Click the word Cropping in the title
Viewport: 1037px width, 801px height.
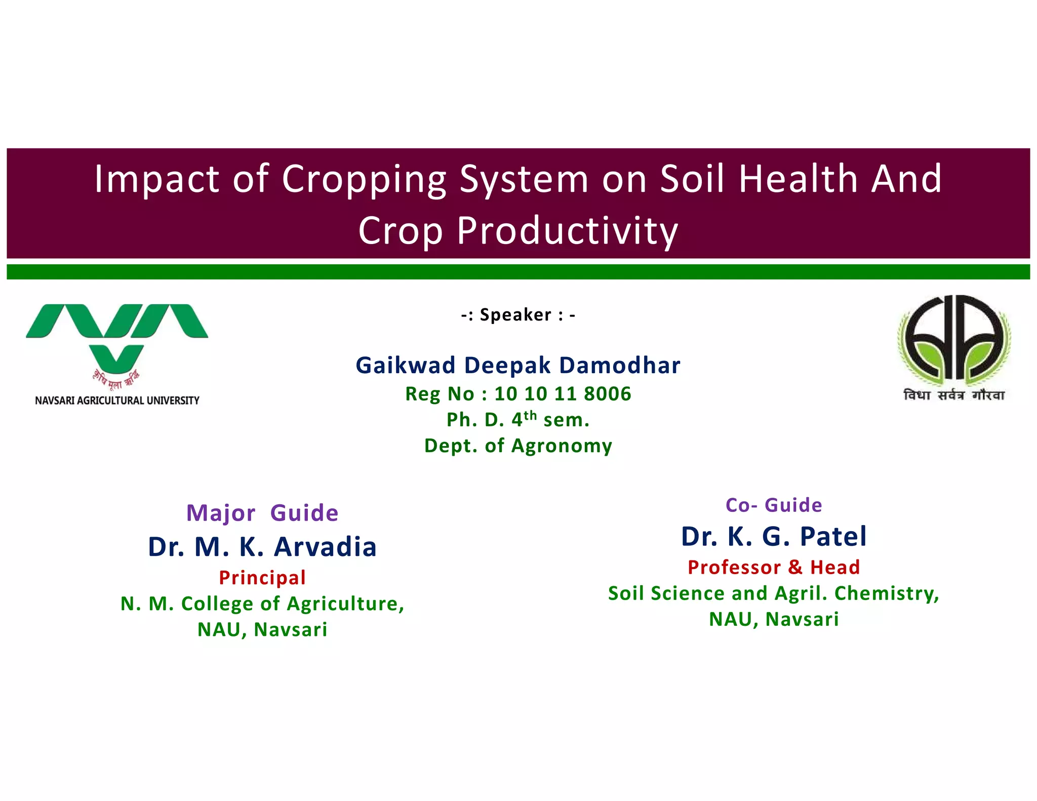point(364,179)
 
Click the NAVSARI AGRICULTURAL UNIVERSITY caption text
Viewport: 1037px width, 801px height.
point(117,400)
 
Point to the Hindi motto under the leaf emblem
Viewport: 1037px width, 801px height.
point(954,395)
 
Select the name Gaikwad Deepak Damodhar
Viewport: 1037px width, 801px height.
point(518,366)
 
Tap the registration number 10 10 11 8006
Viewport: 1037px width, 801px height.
point(563,394)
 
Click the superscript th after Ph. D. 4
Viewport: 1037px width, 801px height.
point(530,415)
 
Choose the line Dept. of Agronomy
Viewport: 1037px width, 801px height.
point(518,446)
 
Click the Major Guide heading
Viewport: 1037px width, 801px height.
point(262,513)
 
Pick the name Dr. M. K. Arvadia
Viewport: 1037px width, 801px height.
point(262,547)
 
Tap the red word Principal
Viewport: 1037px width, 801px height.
point(262,578)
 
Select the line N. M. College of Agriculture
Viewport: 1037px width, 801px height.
point(262,604)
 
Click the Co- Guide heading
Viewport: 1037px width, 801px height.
point(774,505)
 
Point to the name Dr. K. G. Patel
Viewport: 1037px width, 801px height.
point(774,536)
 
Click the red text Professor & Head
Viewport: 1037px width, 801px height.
point(774,567)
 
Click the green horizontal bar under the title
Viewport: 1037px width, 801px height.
point(518,272)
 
